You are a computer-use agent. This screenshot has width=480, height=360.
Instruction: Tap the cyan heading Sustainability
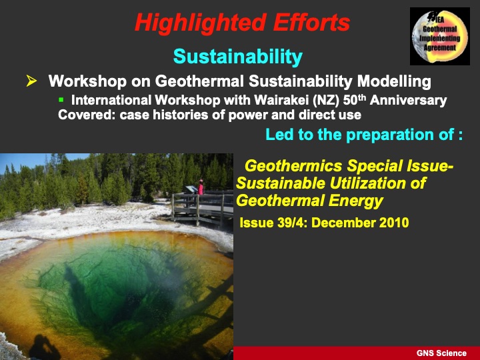tap(237, 57)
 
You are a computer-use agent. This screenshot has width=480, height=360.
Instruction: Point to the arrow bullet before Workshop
tap(31, 81)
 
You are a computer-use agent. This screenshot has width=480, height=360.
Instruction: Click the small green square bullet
tap(61, 100)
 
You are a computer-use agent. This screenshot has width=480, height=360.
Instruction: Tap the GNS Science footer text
tap(442, 353)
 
